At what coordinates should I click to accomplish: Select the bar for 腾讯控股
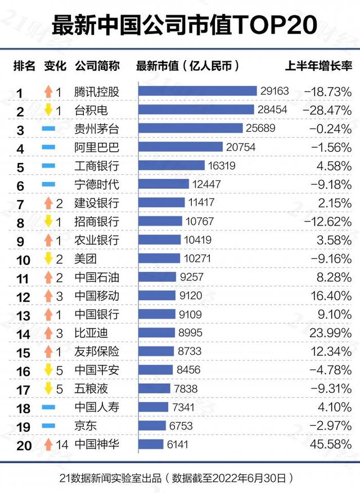197,91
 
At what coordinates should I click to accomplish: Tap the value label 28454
272,110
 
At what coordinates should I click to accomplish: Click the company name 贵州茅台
97,129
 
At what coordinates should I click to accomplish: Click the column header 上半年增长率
318,66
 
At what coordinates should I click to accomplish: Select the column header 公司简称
97,66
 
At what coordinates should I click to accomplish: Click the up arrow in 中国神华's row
48,444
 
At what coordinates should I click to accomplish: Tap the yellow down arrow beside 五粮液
48,388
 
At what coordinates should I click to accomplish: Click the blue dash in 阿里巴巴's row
48,148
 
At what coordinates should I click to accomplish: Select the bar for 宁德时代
163,184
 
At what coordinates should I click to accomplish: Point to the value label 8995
190,333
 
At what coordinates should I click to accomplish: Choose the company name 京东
85,426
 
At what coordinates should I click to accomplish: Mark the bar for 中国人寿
152,407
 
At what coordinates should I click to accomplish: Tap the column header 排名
24,66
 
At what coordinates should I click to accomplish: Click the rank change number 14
62,444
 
